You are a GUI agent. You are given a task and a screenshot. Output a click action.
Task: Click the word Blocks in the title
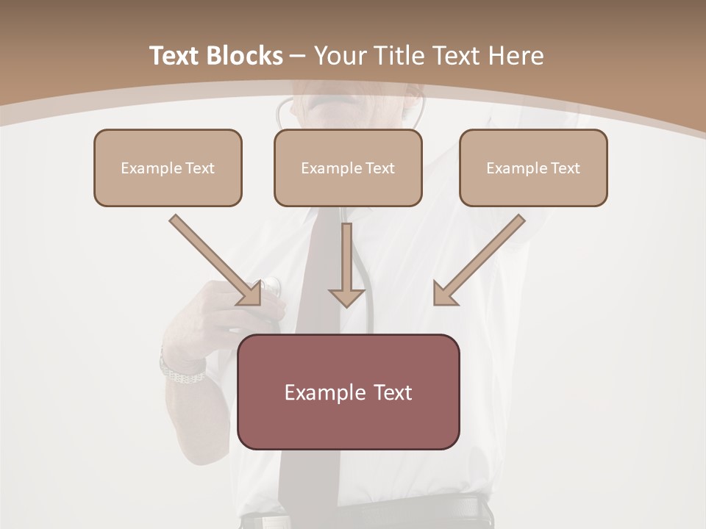point(246,56)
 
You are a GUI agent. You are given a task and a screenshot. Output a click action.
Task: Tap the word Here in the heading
point(515,56)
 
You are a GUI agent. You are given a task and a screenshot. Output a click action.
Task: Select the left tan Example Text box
point(168,168)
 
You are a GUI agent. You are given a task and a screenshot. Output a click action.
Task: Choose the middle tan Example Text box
point(348,168)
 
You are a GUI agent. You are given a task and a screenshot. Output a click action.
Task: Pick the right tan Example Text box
point(533,168)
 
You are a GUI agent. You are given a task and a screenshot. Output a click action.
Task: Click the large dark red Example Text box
point(348,392)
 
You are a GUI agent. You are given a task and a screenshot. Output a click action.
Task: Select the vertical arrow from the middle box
point(347,264)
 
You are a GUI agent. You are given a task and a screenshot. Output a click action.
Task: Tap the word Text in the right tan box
point(564,168)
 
